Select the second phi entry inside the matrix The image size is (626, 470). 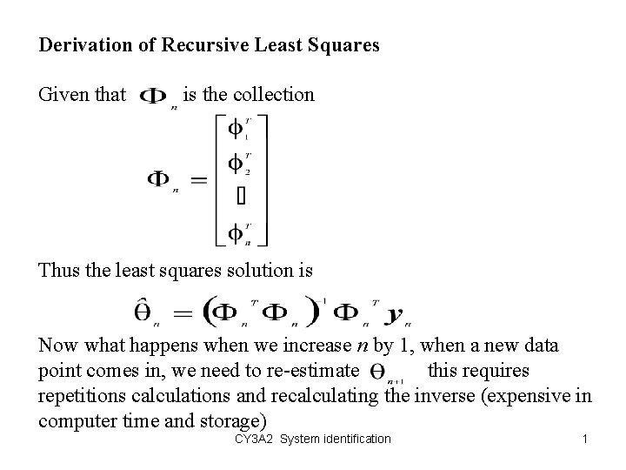(236, 163)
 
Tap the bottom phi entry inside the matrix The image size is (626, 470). (236, 232)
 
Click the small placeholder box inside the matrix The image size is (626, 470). (241, 197)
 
